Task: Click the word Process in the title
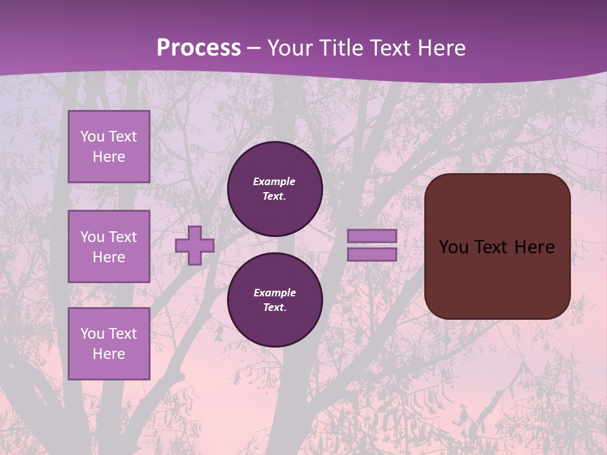tap(199, 48)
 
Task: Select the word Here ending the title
tap(439, 48)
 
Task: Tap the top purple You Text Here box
tap(109, 147)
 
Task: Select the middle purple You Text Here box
tap(109, 246)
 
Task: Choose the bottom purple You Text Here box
tap(109, 344)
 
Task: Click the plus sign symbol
tap(195, 246)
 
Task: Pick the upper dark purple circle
tap(275, 189)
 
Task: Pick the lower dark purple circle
tap(275, 300)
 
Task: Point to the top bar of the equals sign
tap(372, 236)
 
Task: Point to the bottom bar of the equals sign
tap(372, 254)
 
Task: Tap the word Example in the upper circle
tap(274, 181)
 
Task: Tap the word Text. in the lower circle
tap(274, 308)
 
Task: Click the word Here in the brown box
tap(534, 247)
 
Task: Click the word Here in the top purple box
tap(109, 157)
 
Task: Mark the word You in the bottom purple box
tap(92, 334)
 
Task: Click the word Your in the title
tap(288, 48)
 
